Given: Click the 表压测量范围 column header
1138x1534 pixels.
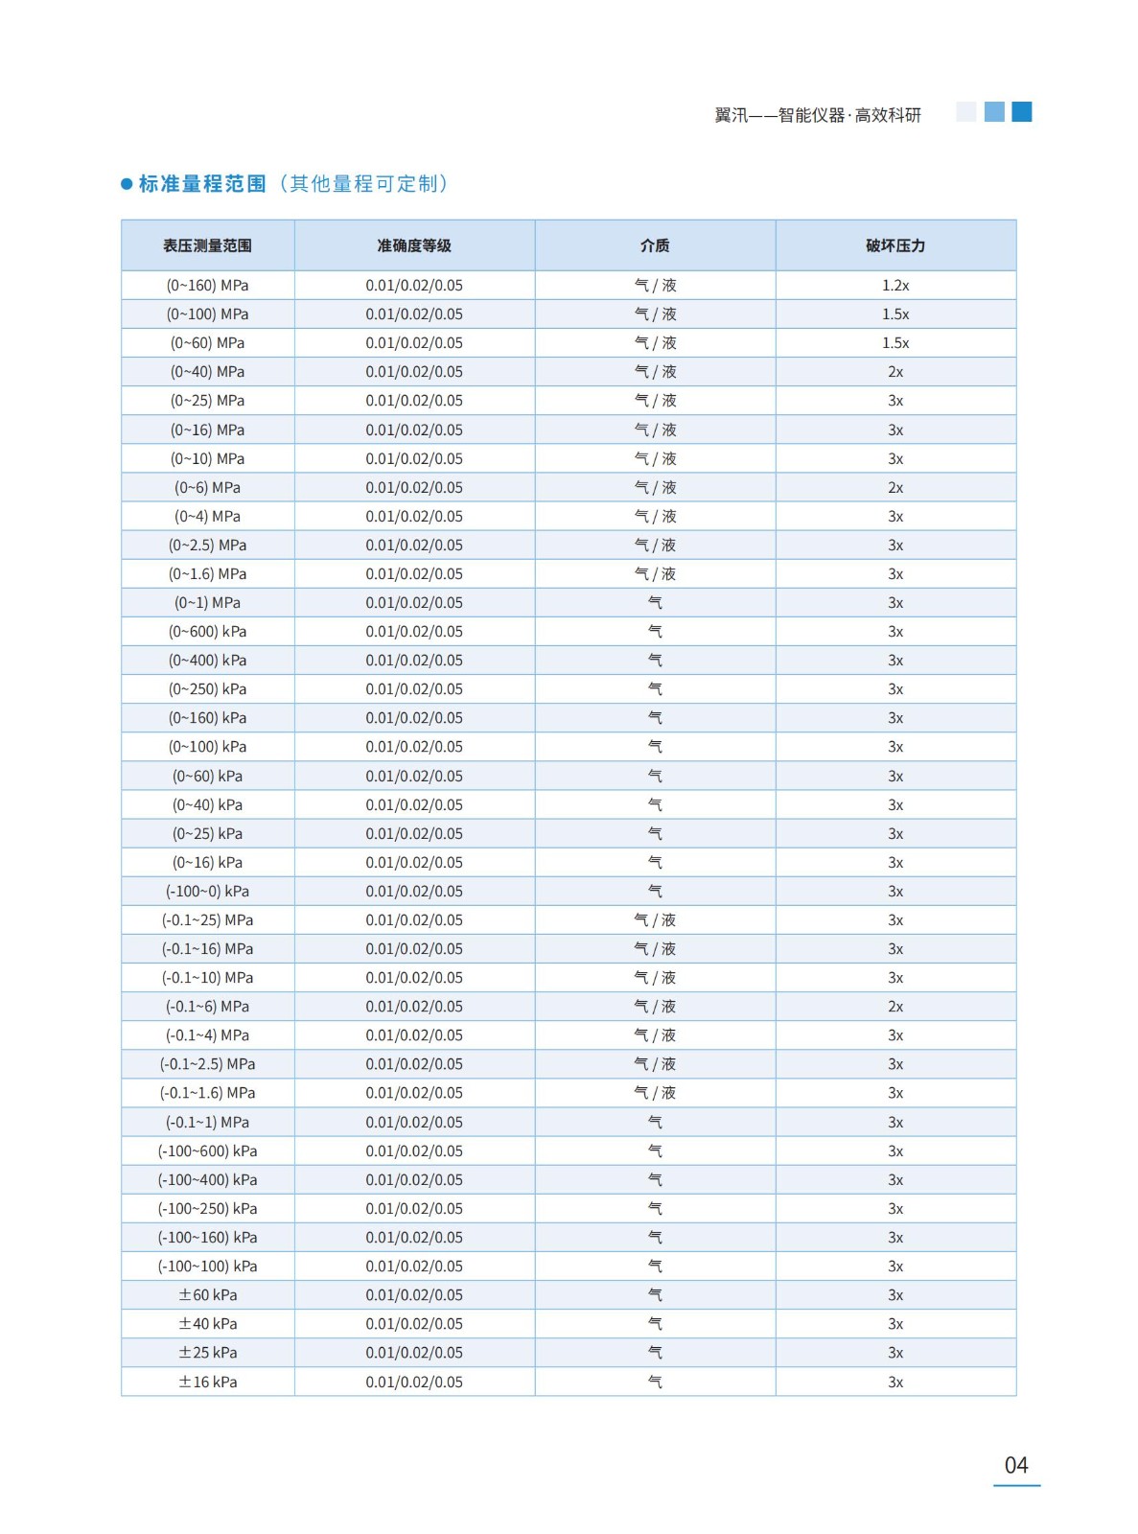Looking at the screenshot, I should (207, 245).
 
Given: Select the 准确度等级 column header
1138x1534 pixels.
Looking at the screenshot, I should (414, 245).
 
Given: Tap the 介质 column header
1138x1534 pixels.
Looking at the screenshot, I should (655, 245).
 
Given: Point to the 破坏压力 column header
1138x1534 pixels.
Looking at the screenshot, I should (895, 245).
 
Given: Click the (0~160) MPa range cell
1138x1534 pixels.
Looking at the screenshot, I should (207, 285).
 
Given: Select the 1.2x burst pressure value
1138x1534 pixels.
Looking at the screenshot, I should (895, 285).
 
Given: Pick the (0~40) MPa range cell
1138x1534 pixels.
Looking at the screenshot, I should (207, 372).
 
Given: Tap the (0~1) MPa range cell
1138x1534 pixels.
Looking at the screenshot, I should (207, 603).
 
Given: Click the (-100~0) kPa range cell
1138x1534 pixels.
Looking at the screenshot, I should (207, 892).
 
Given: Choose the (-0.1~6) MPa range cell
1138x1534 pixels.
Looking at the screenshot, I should (207, 1007).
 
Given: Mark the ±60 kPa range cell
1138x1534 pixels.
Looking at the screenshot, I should (207, 1295).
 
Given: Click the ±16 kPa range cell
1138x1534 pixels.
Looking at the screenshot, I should (207, 1383).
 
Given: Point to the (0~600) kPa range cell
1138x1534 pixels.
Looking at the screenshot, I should (207, 632).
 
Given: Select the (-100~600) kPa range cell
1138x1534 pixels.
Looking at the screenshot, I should (207, 1151).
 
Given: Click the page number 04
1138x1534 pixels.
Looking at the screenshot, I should (1016, 1465).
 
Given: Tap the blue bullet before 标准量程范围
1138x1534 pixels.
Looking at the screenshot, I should (127, 184).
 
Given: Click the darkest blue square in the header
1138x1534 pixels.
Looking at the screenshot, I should (1022, 112).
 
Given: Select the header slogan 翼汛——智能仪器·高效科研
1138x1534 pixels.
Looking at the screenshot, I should (818, 115).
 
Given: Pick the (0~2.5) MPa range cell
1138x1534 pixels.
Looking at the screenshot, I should (207, 546).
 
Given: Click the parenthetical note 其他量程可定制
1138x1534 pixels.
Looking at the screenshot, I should (364, 183).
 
